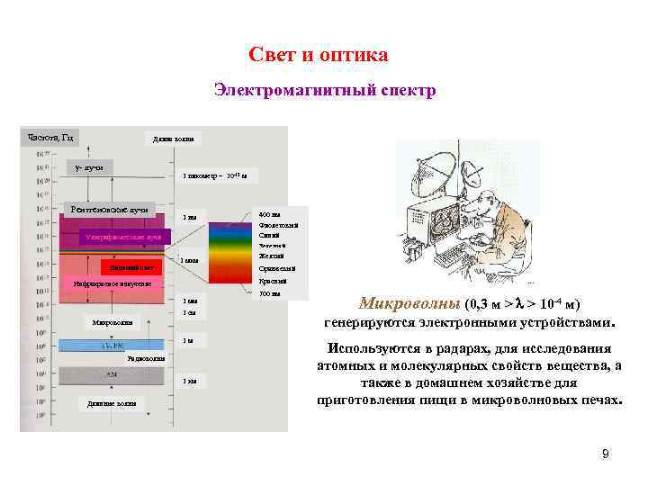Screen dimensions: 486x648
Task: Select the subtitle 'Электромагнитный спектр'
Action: click(x=324, y=91)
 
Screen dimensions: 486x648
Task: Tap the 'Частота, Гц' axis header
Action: click(x=50, y=138)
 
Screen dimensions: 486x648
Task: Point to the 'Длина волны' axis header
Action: click(x=173, y=139)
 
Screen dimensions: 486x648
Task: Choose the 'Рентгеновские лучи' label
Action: click(x=109, y=210)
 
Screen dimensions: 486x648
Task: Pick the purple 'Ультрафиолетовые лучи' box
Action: click(x=121, y=237)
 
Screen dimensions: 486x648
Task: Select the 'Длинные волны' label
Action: click(x=112, y=403)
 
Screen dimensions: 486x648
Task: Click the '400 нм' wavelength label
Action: click(x=269, y=213)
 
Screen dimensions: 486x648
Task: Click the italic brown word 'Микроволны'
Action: click(x=409, y=303)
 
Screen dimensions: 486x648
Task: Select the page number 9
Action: click(x=605, y=454)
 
